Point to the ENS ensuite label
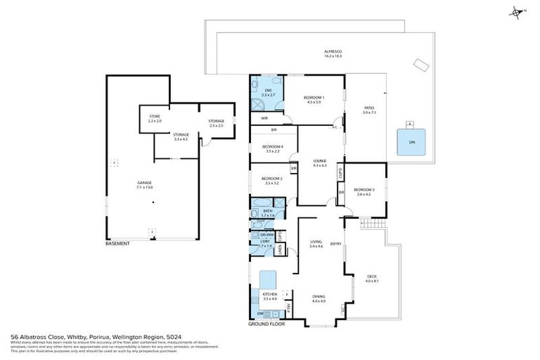tap(268, 91)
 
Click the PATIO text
tap(370, 109)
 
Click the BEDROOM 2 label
tap(271, 179)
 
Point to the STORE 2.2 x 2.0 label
tap(155, 117)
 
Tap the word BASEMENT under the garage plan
tap(117, 243)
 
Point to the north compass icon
tap(516, 12)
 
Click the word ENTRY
tap(336, 244)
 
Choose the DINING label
tap(319, 297)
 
